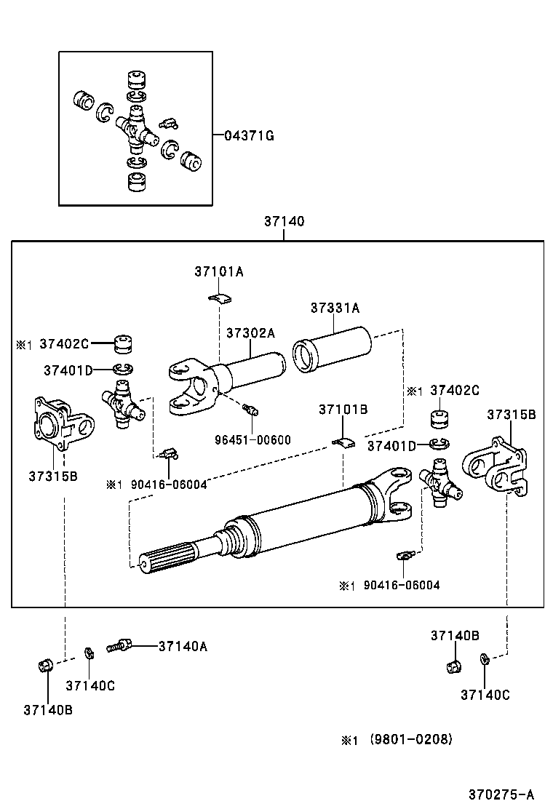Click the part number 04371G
(249, 135)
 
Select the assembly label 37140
(284, 221)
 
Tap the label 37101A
(218, 271)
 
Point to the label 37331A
(335, 308)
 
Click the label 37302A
(250, 332)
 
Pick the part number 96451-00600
(252, 439)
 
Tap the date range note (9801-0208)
(411, 739)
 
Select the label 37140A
(183, 645)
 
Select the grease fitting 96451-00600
(252, 410)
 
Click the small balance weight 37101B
(343, 441)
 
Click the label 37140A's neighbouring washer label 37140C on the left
(90, 685)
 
